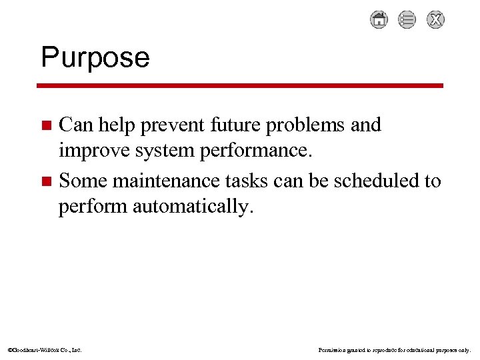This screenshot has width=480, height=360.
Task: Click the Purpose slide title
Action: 95,58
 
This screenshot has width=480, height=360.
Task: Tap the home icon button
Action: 379,20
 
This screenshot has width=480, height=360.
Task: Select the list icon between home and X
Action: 407,20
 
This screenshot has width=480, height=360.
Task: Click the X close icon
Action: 436,20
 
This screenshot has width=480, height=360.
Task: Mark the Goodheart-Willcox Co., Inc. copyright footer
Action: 44,349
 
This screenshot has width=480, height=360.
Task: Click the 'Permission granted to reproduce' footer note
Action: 395,349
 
